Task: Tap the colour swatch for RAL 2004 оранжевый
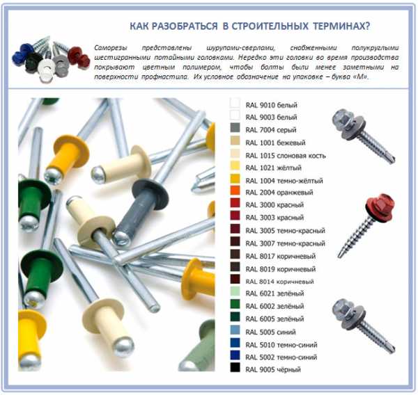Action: tap(235, 191)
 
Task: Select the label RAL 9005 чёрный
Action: tap(273, 369)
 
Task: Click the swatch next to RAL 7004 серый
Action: tap(235, 128)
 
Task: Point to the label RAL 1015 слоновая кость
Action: tap(286, 156)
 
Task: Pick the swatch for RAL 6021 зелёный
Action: tap(235, 291)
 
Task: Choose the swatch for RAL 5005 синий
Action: tap(235, 330)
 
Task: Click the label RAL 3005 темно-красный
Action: tap(285, 230)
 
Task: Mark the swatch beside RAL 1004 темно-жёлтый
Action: tap(235, 178)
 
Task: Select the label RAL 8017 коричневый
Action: tap(281, 256)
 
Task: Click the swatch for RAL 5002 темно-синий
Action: tap(235, 355)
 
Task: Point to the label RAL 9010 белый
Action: tap(272, 105)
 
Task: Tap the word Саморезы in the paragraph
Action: tap(111, 48)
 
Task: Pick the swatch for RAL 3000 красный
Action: tap(235, 203)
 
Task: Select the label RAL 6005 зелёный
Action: tap(274, 319)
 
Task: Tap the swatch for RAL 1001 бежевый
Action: tap(235, 140)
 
